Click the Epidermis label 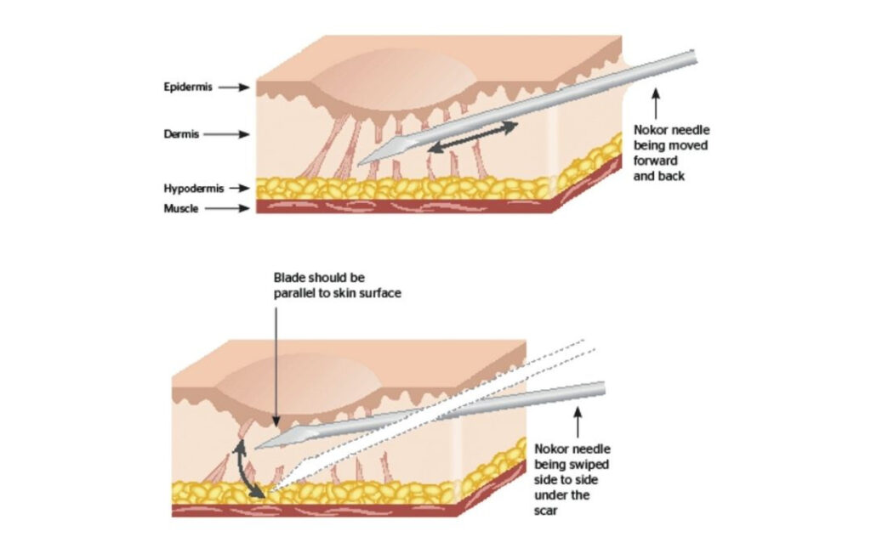pyautogui.click(x=186, y=87)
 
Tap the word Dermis pyautogui.click(x=181, y=133)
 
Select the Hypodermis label pyautogui.click(x=194, y=189)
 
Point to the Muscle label pyautogui.click(x=181, y=208)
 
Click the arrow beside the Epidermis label pyautogui.click(x=232, y=87)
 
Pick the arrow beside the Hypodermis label pyautogui.click(x=240, y=189)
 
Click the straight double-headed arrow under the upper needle pyautogui.click(x=472, y=137)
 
